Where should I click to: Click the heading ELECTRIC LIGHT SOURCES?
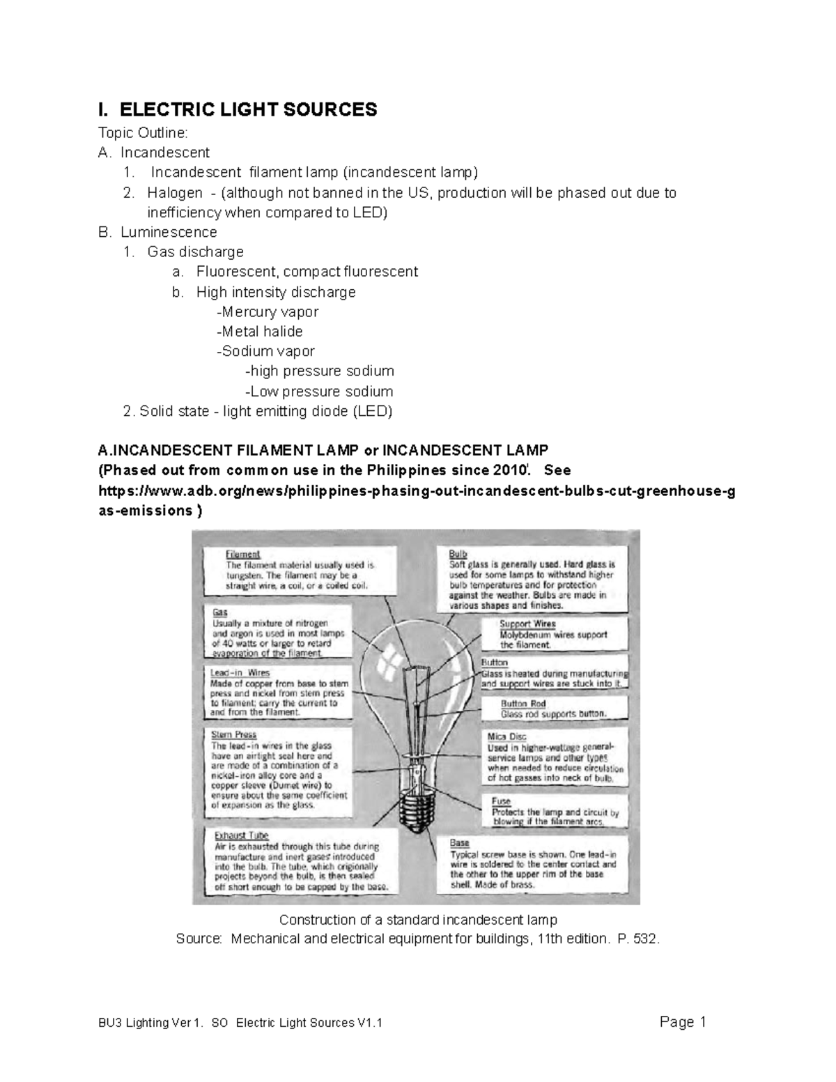coord(248,109)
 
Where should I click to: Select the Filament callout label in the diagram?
coord(242,555)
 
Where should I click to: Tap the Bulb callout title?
coord(458,554)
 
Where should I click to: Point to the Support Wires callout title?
coord(527,624)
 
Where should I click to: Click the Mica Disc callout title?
coord(506,736)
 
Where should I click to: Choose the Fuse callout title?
coord(500,801)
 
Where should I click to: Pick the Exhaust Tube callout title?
coord(241,835)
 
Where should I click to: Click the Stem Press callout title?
coord(233,734)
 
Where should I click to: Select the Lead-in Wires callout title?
coord(240,673)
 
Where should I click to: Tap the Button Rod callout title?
coord(523,704)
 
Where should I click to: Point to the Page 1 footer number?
coord(683,1022)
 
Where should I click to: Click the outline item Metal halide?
coord(260,332)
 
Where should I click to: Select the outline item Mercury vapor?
coord(268,311)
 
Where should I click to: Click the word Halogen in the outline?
coord(174,193)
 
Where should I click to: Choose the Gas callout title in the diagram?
coord(219,612)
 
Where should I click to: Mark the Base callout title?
coord(459,843)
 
